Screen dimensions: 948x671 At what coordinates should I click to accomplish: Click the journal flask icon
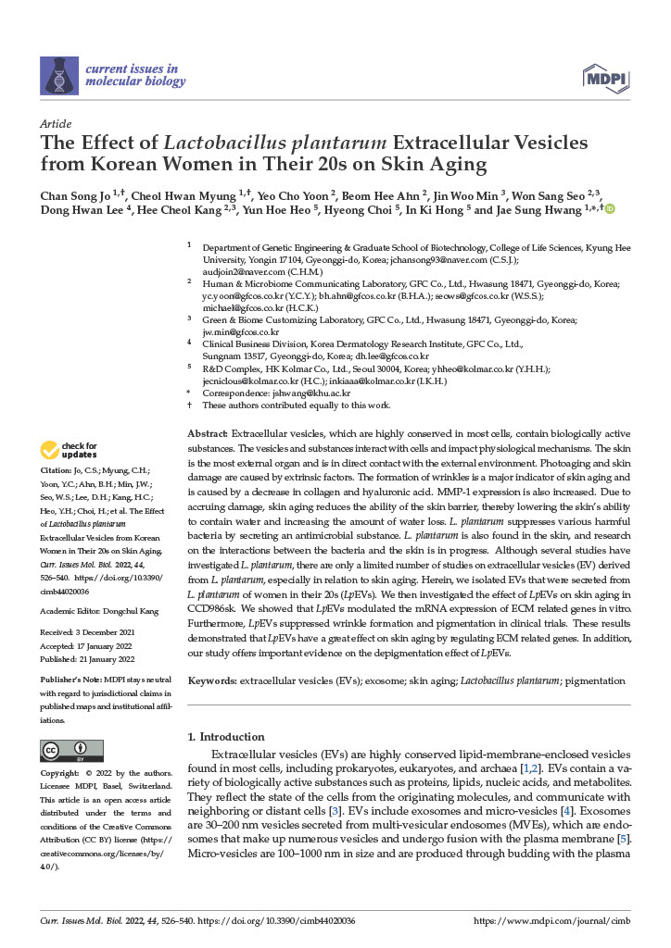[x=59, y=76]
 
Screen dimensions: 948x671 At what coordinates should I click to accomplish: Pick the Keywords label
[x=211, y=680]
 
